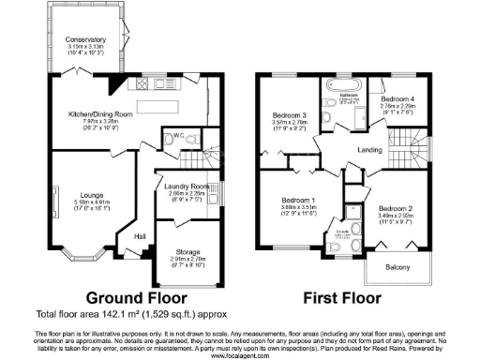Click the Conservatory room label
pos(85,39)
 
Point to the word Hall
pos(140,236)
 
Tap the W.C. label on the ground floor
pos(175,137)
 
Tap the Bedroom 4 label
pos(397,97)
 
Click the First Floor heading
pos(343,299)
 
